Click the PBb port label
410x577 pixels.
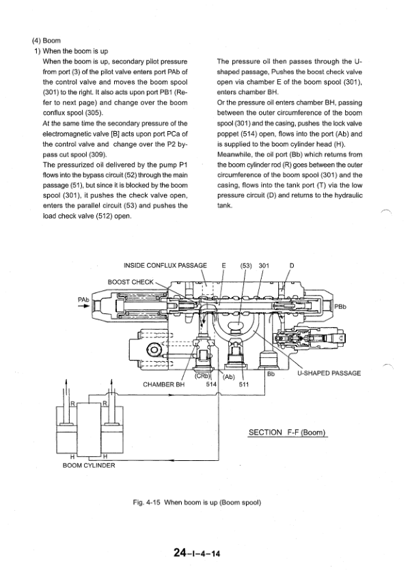(340, 306)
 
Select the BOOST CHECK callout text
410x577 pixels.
(131, 281)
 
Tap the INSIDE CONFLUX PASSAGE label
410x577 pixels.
(165, 266)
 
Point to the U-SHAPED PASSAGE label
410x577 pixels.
(329, 374)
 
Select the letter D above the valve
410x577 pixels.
(292, 266)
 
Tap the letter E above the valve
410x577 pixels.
(223, 266)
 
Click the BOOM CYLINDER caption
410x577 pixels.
(89, 466)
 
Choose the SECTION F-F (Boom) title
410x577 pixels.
(286, 432)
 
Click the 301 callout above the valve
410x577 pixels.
(264, 266)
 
